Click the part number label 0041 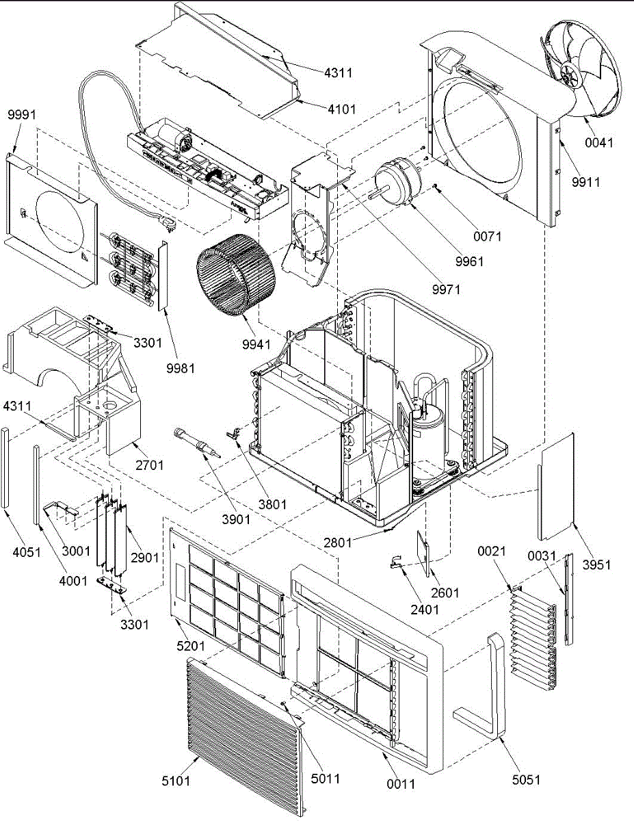599,143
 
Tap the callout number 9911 585,183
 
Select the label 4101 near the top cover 342,109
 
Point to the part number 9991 22,115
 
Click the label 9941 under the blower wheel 256,344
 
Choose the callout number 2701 150,465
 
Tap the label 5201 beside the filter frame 191,646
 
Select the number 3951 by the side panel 596,565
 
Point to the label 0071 488,237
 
